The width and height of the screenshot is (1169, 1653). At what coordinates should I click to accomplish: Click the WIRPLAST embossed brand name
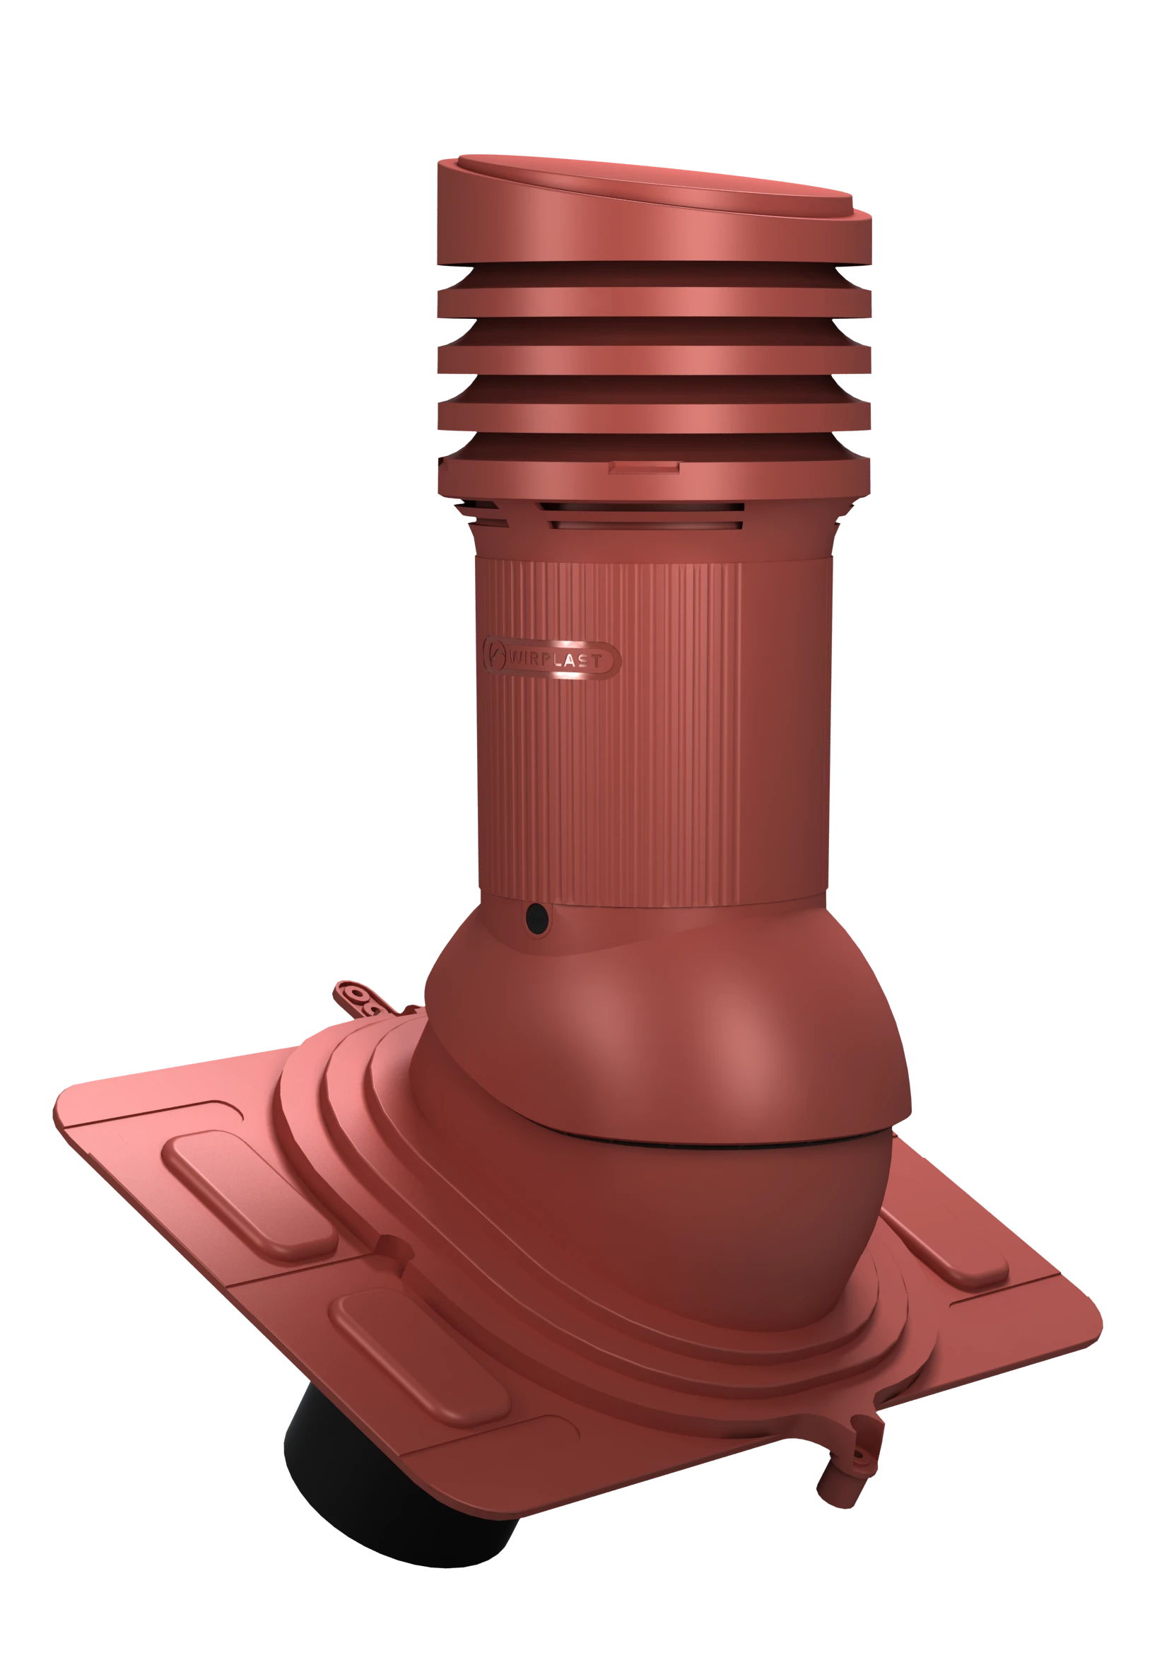pos(555,660)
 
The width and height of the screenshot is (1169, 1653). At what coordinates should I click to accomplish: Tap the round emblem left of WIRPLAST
pos(495,655)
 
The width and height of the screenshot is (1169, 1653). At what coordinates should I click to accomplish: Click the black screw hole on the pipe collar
pos(537,918)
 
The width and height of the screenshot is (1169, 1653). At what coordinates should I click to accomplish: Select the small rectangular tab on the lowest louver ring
pos(644,468)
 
